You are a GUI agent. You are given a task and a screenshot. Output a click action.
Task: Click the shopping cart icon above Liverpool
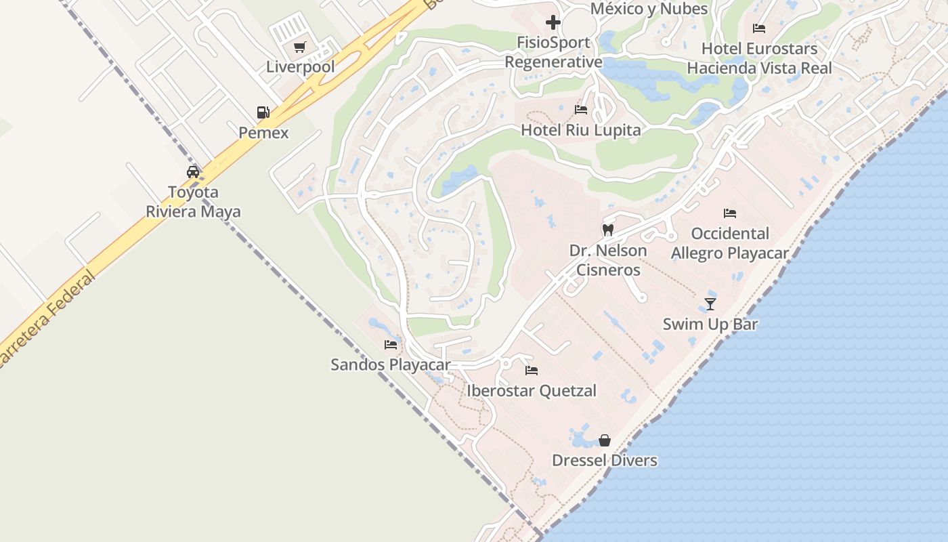[x=299, y=47]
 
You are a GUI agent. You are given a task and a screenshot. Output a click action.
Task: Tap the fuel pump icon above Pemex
[x=263, y=112]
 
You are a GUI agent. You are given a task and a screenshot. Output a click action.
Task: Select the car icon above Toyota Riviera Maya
[x=193, y=171]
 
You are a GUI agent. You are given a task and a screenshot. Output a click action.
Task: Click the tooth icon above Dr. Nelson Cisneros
[x=607, y=230]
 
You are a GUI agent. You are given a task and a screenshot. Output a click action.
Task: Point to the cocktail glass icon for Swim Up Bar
[x=710, y=304]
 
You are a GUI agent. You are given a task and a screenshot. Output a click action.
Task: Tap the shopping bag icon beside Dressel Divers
[x=605, y=440]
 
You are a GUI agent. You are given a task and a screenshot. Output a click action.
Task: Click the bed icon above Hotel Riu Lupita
[x=580, y=109]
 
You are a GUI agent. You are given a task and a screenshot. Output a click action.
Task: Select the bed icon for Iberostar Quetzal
[x=532, y=371]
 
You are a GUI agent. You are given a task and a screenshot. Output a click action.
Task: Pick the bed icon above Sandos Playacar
[x=391, y=344]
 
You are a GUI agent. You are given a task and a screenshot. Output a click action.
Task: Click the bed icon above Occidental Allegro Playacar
[x=729, y=213]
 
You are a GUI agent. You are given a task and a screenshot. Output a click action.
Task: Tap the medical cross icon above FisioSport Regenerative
[x=553, y=22]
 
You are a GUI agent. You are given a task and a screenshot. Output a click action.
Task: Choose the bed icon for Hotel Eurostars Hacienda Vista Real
[x=759, y=28]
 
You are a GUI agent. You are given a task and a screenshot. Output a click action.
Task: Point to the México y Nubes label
[x=649, y=9]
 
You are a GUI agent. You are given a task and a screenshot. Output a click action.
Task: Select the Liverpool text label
[x=300, y=67]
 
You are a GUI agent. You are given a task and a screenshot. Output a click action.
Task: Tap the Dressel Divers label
[x=605, y=461]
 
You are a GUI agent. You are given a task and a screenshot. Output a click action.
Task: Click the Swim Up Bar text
[x=710, y=324]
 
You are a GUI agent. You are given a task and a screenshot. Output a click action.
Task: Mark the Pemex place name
[x=263, y=133]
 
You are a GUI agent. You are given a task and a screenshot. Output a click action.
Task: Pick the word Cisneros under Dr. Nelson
[x=608, y=270]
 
